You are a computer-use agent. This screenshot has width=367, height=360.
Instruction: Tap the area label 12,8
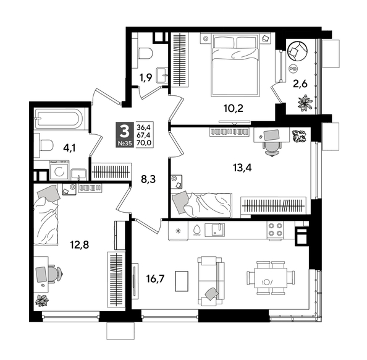tap(78, 244)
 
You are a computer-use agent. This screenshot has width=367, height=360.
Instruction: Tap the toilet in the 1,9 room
tap(143, 54)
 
